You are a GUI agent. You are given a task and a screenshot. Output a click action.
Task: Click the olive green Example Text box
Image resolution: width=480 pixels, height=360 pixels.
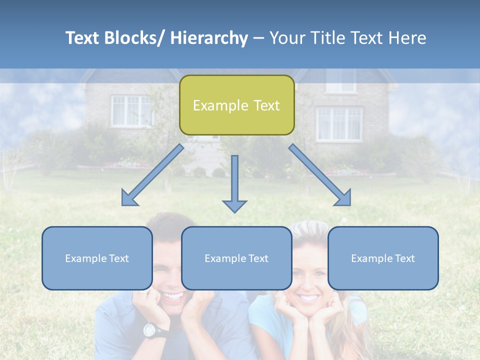pos(236,105)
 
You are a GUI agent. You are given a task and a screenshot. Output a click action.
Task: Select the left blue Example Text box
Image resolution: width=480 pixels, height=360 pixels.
pos(97,258)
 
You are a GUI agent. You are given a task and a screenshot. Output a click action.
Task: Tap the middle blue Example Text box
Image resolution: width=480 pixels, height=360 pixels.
pos(236,258)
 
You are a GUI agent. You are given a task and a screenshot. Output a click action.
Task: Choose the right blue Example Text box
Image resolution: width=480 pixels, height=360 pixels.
pos(383,258)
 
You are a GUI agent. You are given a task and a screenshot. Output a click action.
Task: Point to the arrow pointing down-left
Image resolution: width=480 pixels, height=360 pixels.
pos(153,175)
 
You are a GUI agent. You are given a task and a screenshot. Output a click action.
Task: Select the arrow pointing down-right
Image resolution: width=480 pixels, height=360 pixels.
pos(320,175)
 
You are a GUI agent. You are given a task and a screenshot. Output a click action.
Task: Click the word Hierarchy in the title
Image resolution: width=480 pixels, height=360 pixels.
pos(209,38)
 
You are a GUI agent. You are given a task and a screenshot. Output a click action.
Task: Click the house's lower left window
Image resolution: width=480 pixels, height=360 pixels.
pos(131,110)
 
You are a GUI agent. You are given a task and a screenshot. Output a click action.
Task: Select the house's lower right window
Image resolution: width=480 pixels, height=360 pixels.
pos(339,123)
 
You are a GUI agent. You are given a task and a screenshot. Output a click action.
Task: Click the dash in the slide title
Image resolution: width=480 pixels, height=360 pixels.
pos(258,38)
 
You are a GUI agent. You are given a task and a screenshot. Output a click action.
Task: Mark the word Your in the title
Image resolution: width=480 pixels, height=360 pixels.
pos(287,38)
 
